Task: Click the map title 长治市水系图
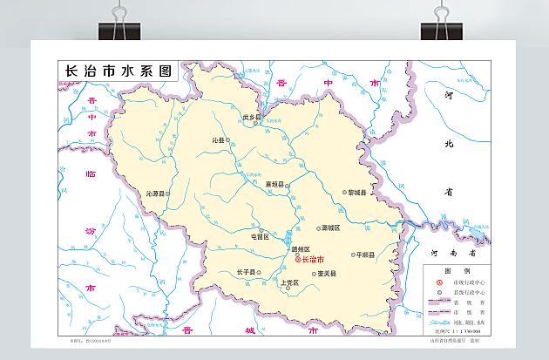coord(115,71)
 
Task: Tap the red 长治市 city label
coord(313,260)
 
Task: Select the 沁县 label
coord(219,139)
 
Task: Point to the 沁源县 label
coord(155,194)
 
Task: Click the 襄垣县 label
coord(275,185)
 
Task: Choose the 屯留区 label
coord(260,236)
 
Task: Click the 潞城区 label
coord(332,228)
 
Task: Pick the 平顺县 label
coord(364,255)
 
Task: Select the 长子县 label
coord(245,272)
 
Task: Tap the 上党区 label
coord(290,283)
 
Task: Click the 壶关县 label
coord(328,273)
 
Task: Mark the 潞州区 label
coord(301,250)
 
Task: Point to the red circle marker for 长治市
coord(296,260)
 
